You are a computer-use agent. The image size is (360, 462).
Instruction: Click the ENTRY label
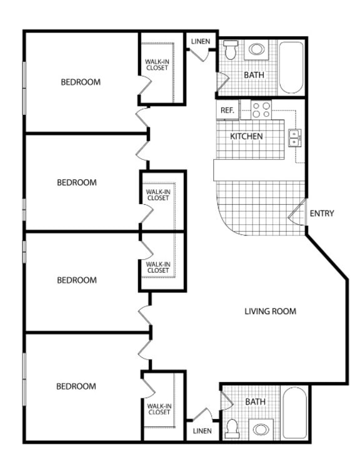(x=322, y=214)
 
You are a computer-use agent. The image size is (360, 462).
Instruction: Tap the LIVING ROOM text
(x=270, y=311)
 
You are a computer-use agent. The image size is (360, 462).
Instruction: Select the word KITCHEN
(x=246, y=136)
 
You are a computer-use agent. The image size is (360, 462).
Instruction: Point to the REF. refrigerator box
(x=227, y=111)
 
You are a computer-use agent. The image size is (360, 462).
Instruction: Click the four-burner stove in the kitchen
(x=261, y=110)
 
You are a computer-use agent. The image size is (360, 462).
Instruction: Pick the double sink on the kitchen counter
(x=294, y=137)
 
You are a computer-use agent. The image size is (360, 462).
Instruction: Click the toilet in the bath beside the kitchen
(x=231, y=49)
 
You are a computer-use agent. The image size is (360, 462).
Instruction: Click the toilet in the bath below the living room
(x=232, y=428)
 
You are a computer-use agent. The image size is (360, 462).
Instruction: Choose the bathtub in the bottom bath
(x=294, y=413)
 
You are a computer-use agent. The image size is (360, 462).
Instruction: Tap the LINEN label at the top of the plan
(x=201, y=42)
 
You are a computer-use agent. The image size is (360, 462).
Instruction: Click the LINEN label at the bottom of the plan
(x=202, y=431)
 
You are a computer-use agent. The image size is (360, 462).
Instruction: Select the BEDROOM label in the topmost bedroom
(x=80, y=82)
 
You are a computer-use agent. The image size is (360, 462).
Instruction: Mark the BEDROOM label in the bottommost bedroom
(x=76, y=386)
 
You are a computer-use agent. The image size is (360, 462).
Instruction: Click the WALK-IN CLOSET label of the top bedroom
(x=156, y=64)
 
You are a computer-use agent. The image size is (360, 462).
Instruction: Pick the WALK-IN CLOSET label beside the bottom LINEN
(x=159, y=409)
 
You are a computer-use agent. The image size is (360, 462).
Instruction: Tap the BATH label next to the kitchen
(x=254, y=75)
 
